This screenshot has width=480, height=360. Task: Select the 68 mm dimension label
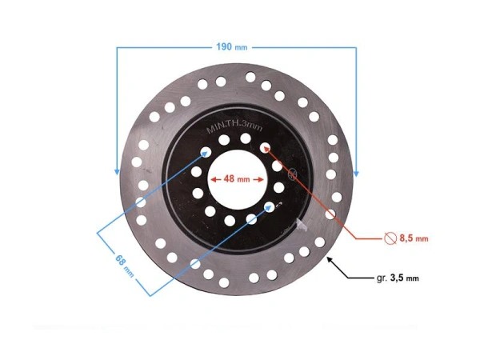122,264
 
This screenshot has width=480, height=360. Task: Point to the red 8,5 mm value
414,238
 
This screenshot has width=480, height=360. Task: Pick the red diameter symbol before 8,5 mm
390,238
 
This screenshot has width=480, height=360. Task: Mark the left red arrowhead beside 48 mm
213,180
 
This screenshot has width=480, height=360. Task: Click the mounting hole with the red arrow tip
264,146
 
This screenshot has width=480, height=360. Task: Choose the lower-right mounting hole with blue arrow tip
270,207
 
